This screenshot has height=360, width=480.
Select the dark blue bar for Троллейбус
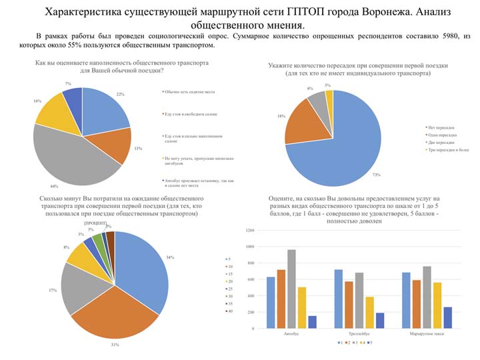(x=380, y=321)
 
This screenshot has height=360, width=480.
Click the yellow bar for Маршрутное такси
(x=437, y=305)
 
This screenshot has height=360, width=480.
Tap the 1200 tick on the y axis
(x=250, y=230)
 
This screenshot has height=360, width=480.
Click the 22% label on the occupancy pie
(x=121, y=94)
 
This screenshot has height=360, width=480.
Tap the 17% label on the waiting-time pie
(x=53, y=289)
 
